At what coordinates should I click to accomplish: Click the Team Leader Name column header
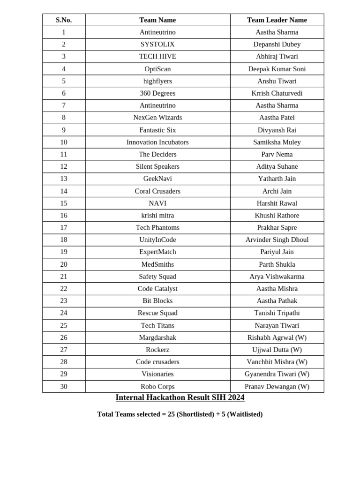pyautogui.click(x=277, y=20)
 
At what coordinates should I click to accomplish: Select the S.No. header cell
pyautogui.click(x=64, y=20)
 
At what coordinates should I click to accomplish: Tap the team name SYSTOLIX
pyautogui.click(x=157, y=45)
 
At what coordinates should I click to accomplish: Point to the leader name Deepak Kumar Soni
pyautogui.click(x=277, y=69)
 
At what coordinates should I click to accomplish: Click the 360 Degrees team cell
pyautogui.click(x=157, y=93)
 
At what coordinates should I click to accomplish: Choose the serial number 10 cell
pyautogui.click(x=64, y=142)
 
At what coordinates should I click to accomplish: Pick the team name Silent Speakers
pyautogui.click(x=157, y=166)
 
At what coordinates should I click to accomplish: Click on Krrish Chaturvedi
pyautogui.click(x=277, y=93)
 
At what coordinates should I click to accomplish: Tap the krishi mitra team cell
pyautogui.click(x=157, y=216)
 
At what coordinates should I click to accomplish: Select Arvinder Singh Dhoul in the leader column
pyautogui.click(x=277, y=240)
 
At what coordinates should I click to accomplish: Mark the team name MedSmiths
pyautogui.click(x=157, y=264)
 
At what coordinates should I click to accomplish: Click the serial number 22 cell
pyautogui.click(x=64, y=289)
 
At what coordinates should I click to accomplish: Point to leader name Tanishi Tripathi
pyautogui.click(x=277, y=313)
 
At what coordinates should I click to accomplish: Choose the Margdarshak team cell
pyautogui.click(x=157, y=337)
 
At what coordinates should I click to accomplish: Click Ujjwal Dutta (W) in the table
pyautogui.click(x=277, y=350)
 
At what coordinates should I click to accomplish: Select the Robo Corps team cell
pyautogui.click(x=157, y=387)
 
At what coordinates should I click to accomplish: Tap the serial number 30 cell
pyautogui.click(x=64, y=387)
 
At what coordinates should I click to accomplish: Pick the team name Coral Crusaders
pyautogui.click(x=157, y=191)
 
